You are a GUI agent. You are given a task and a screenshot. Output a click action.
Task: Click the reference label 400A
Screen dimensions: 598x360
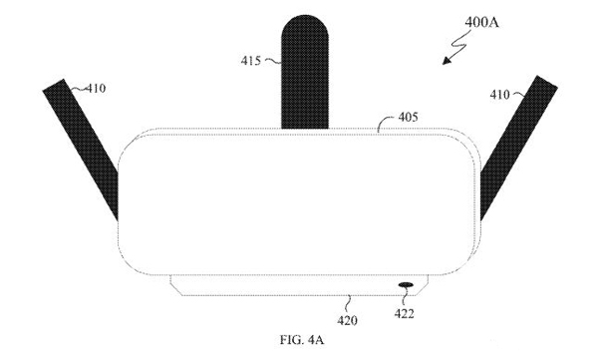(481, 23)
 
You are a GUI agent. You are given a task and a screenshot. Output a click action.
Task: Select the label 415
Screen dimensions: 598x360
(250, 61)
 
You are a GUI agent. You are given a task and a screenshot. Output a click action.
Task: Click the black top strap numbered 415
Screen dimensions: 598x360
(305, 72)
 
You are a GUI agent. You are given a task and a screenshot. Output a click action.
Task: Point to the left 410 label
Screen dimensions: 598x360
(96, 89)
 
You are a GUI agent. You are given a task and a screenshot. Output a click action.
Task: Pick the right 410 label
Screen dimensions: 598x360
(499, 95)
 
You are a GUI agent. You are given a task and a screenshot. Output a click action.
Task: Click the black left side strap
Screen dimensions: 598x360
(81, 149)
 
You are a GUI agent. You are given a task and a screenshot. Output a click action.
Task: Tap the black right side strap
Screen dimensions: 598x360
(518, 149)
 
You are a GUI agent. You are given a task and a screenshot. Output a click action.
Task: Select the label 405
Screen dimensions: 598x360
(408, 117)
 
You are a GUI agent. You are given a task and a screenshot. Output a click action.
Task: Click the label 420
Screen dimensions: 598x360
(347, 320)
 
